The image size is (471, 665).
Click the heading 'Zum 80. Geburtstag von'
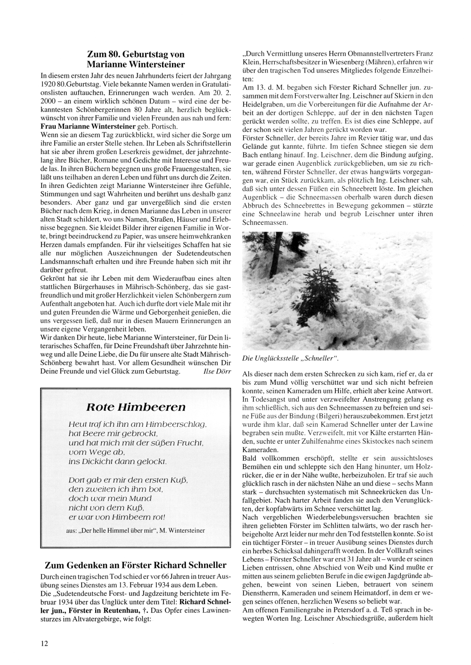tap(136, 54)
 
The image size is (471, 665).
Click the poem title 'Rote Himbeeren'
tap(136, 407)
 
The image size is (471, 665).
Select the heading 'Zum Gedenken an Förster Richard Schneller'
tap(136, 565)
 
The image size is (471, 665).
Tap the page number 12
tap(44, 642)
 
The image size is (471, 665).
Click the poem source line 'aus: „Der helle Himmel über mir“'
tap(135, 530)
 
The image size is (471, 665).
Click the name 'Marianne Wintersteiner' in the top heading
tap(136, 65)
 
